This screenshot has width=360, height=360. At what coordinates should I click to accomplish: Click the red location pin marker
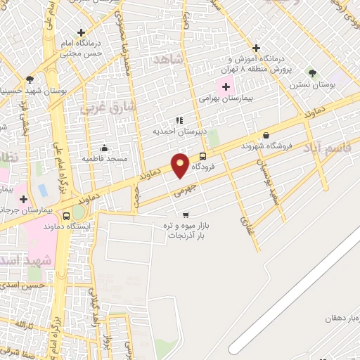click(x=181, y=165)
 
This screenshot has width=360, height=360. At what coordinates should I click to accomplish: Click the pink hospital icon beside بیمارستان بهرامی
click(x=226, y=87)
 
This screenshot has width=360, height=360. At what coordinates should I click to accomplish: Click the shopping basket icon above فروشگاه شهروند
click(x=266, y=135)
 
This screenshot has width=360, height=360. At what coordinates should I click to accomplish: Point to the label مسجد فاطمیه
click(x=105, y=158)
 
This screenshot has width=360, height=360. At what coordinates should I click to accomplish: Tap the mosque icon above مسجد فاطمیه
click(x=105, y=148)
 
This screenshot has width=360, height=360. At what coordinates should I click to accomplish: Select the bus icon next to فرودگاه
click(x=203, y=156)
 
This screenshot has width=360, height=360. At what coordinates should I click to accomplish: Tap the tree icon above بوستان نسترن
click(x=312, y=73)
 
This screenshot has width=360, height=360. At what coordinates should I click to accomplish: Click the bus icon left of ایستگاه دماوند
click(x=67, y=216)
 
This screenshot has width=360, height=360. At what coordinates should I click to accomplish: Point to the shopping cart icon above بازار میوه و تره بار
click(x=186, y=215)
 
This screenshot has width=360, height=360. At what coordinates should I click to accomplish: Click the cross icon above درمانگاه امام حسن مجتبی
click(x=82, y=32)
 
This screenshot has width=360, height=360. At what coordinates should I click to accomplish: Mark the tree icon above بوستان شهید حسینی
click(x=29, y=79)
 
